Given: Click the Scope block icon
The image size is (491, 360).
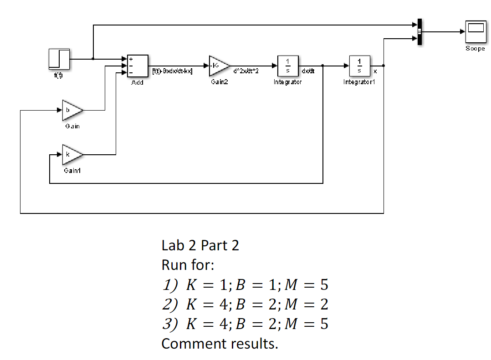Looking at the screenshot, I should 475,31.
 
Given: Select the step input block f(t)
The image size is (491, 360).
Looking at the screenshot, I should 59,59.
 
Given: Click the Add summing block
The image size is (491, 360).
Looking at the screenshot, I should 138,66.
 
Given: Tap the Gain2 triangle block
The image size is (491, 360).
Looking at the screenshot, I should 218,66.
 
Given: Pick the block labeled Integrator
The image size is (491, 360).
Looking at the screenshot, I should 288,66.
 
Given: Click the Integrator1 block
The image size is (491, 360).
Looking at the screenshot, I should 359,66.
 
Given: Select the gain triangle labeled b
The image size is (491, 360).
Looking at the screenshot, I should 72,110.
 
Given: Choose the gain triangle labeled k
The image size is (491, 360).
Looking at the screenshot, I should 72,155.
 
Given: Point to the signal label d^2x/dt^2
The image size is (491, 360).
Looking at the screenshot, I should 245,71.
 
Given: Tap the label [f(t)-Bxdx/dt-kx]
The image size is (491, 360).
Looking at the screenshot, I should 172,71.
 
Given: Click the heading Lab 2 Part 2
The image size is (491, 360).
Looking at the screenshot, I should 200,245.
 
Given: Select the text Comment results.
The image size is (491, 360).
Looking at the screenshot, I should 220,343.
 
